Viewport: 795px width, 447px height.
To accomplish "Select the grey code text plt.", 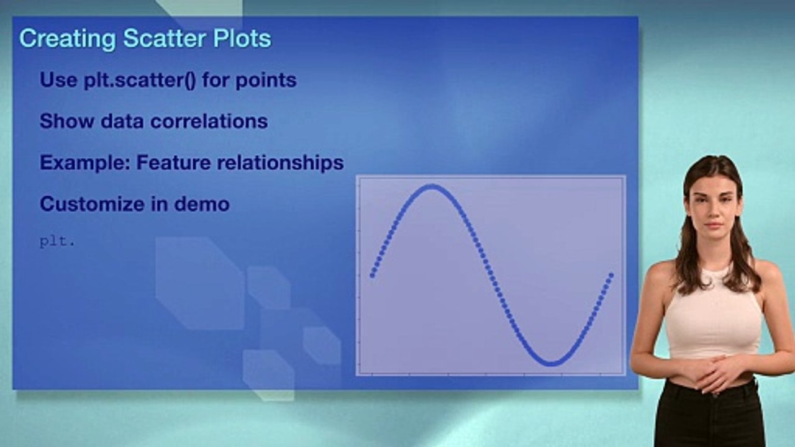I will point(57,242).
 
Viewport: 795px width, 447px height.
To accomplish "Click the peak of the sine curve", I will point(430,186).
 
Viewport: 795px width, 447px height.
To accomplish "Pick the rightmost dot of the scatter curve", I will point(611,274).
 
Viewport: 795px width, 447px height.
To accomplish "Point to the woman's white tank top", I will point(713,317).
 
